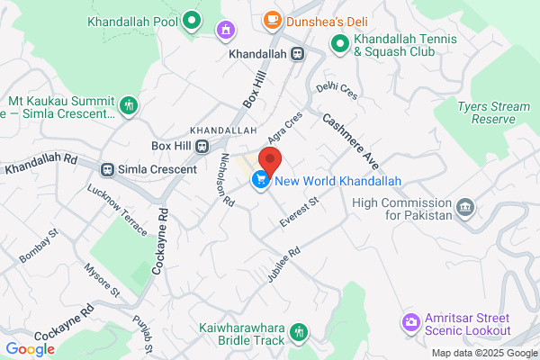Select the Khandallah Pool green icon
pyautogui.click(x=192, y=20)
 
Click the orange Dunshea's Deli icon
pyautogui.click(x=271, y=19)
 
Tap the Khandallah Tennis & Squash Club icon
pyautogui.click(x=339, y=42)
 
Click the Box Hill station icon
pyautogui.click(x=203, y=146)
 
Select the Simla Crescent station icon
pyautogui.click(x=108, y=169)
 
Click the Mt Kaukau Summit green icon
pyautogui.click(x=129, y=105)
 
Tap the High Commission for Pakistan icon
pyautogui.click(x=465, y=208)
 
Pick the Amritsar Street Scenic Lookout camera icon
pyautogui.click(x=410, y=321)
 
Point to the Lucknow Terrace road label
pyautogui.click(x=116, y=211)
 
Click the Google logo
pyautogui.click(x=30, y=349)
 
